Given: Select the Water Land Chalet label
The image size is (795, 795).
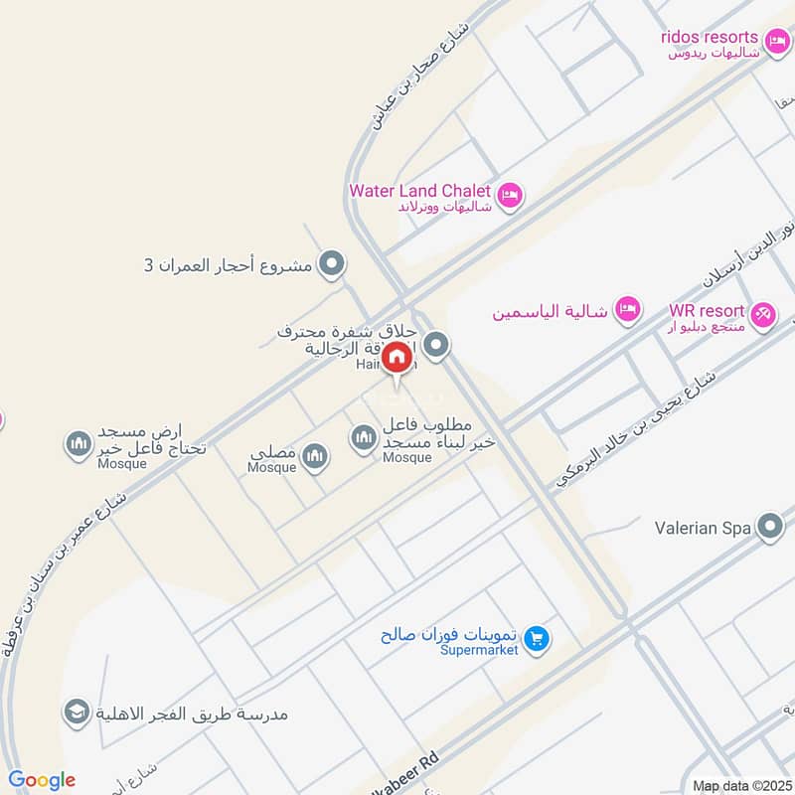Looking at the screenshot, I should [419, 191].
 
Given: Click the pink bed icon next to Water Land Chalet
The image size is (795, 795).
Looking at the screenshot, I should [510, 194].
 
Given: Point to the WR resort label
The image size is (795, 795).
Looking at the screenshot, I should [706, 311].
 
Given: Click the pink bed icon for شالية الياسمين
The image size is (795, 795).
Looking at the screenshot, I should [627, 310].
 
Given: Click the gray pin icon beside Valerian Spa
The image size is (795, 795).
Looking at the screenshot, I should [769, 527].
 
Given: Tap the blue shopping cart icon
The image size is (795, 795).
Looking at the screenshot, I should [537, 636].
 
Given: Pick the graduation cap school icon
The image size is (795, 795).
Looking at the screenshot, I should [76, 712].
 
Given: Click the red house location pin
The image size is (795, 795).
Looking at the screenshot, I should [397, 358].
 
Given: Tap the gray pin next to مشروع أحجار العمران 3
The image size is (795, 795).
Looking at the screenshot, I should [333, 264].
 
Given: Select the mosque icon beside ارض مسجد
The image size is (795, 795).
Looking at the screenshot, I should [79, 444].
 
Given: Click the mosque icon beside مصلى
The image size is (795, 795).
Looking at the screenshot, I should [315, 455].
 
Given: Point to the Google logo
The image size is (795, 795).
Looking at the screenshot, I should [42, 780].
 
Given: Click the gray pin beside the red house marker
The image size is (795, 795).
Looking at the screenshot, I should [435, 346].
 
